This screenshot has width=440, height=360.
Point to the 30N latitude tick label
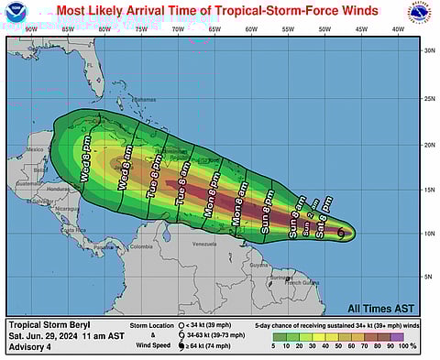(429, 50)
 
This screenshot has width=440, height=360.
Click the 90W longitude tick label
(30, 30)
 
